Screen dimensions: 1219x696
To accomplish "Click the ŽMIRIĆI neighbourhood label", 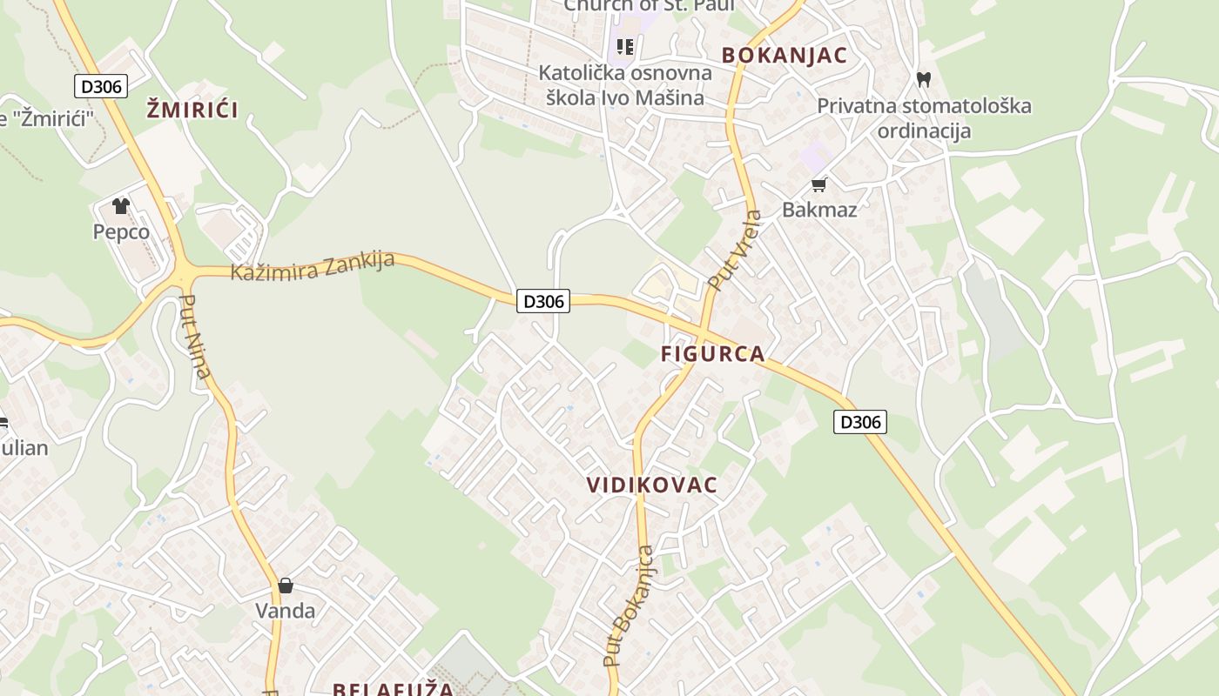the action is [x=192, y=110].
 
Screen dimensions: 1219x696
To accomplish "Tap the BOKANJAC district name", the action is [x=784, y=56].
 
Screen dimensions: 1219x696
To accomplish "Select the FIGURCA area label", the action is [x=712, y=354].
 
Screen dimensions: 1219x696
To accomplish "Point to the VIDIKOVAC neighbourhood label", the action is [x=652, y=485].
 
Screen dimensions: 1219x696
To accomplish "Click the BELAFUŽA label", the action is [x=393, y=689].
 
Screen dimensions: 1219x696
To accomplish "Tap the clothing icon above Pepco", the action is [x=120, y=206].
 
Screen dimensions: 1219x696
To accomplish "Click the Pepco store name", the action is [x=121, y=232].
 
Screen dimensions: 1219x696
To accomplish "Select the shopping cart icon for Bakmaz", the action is [x=818, y=184].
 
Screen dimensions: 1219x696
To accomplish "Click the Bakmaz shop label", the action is [x=819, y=210].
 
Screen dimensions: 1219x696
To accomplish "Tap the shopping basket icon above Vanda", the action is [x=286, y=586].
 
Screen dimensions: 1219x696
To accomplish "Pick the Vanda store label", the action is [x=286, y=611].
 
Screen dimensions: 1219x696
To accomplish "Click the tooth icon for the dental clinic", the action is [x=924, y=79].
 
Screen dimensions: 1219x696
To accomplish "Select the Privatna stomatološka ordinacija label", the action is [x=924, y=118].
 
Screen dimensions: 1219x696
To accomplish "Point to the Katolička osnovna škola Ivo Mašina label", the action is [x=625, y=84].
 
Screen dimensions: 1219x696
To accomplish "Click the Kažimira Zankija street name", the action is [x=313, y=266].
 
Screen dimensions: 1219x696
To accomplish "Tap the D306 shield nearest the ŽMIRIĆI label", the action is [x=103, y=86].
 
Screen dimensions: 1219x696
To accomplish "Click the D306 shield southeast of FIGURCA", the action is [x=860, y=423].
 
